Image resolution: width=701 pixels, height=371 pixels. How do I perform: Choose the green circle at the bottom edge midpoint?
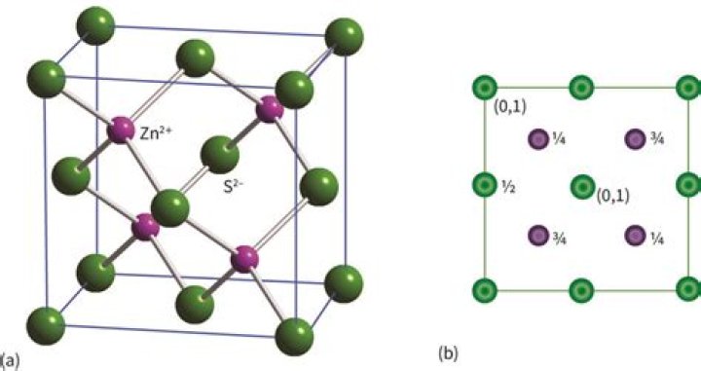pos(581,288)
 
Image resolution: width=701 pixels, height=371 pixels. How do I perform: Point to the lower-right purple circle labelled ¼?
pos(634,235)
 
